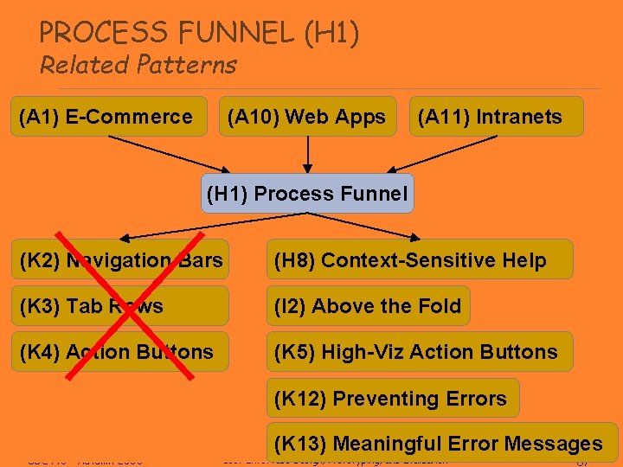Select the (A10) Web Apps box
pyautogui.click(x=307, y=117)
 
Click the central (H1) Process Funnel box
pyautogui.click(x=307, y=194)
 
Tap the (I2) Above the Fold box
pyautogui.click(x=368, y=306)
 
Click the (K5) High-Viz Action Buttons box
pyautogui.click(x=419, y=352)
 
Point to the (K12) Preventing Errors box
pyautogui.click(x=393, y=399)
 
